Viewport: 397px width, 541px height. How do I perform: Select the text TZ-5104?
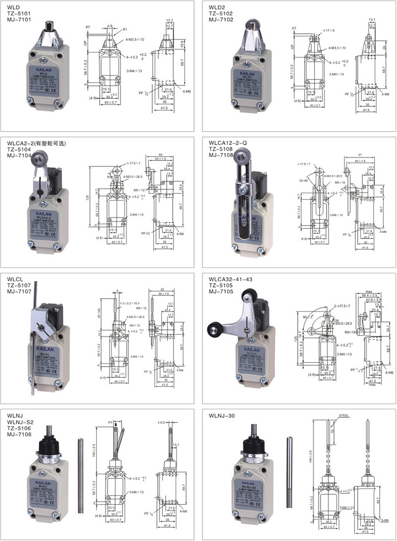[18, 150]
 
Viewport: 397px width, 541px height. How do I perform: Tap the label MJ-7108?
[222, 155]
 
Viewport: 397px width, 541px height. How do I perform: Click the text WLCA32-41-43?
[231, 280]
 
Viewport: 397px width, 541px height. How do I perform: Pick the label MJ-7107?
[18, 293]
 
